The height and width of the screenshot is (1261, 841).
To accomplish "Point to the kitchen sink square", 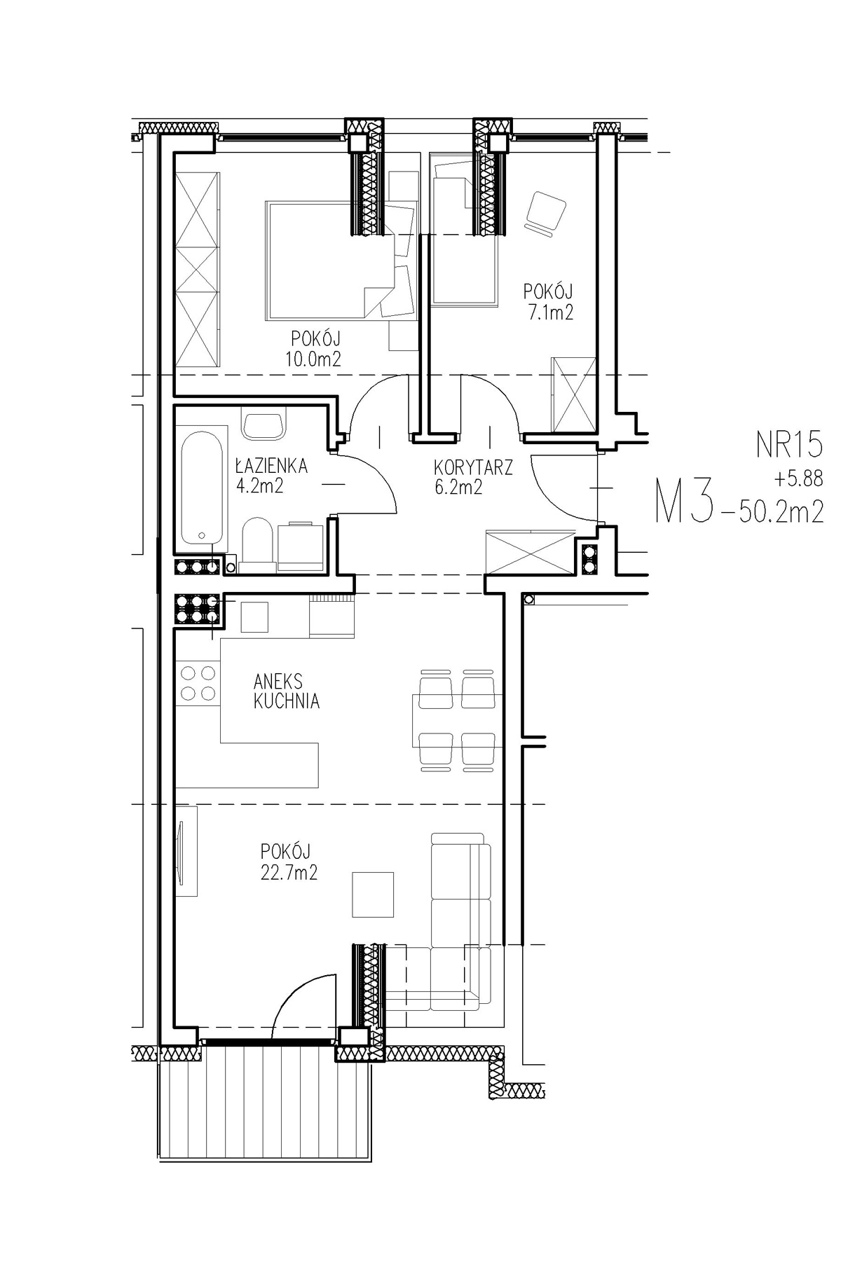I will (x=254, y=617).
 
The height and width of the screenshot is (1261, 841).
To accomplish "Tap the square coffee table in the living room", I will (x=373, y=894).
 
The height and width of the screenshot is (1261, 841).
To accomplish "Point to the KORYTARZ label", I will (x=474, y=467).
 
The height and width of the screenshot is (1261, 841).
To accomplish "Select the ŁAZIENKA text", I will (x=271, y=465).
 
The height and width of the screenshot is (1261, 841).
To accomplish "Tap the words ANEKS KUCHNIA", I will (x=287, y=691).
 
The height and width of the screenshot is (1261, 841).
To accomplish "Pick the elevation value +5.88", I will (x=798, y=480).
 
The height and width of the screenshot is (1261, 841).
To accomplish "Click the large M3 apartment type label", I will (x=684, y=502).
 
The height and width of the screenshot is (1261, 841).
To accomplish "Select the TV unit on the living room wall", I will (x=186, y=850).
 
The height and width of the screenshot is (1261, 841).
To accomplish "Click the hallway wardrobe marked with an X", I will (x=530, y=553).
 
